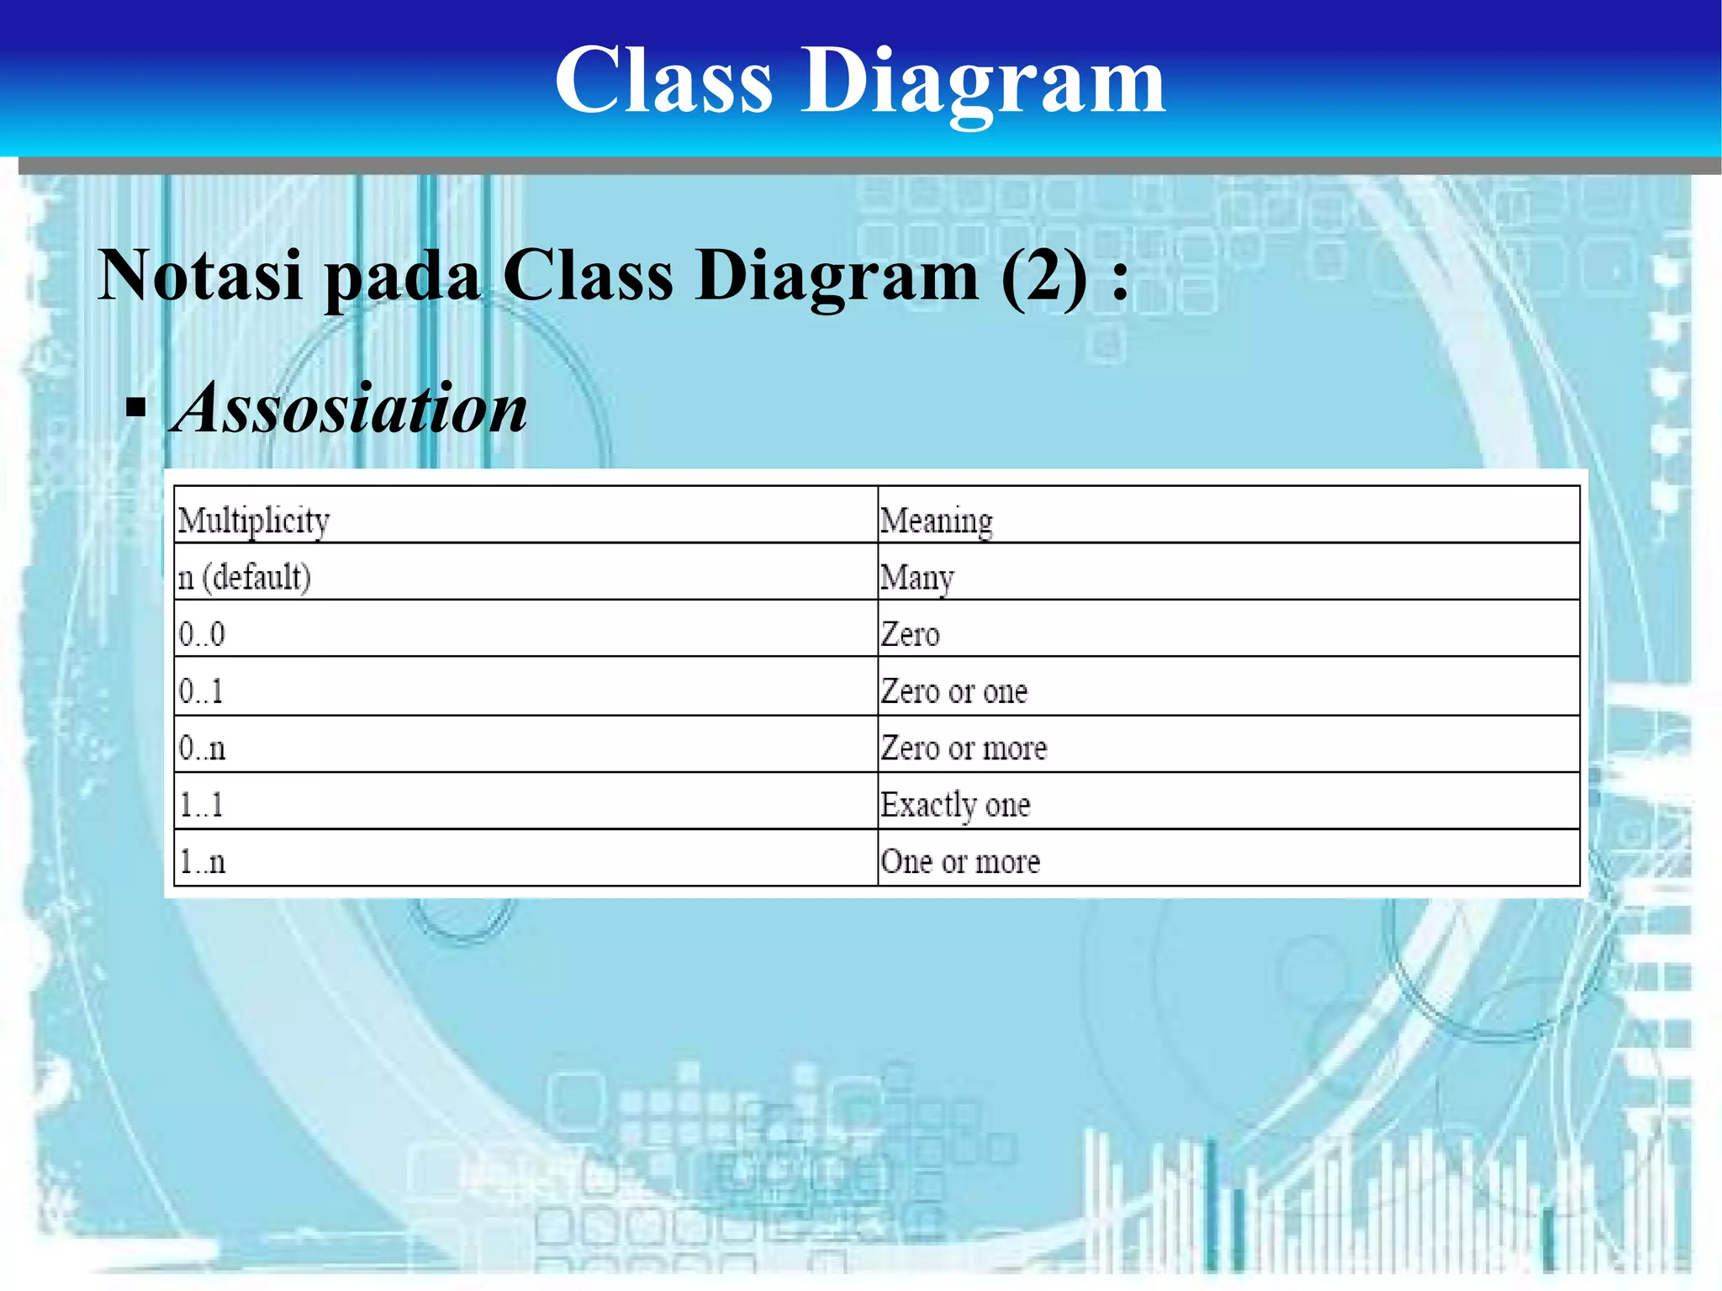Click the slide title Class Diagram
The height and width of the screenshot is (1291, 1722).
(x=859, y=81)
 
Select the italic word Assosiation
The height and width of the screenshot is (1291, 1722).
(x=350, y=409)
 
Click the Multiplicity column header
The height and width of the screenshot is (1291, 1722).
(x=254, y=521)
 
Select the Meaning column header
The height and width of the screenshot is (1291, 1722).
(x=936, y=521)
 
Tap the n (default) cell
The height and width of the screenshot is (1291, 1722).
(x=244, y=578)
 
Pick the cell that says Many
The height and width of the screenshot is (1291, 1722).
(x=916, y=578)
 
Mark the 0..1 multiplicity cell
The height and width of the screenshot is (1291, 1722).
(x=201, y=691)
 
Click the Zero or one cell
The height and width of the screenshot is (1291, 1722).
(x=953, y=691)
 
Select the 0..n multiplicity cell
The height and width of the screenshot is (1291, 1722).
(x=202, y=748)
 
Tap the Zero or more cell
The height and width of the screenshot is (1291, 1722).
(x=964, y=748)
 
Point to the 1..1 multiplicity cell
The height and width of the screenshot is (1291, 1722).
(x=201, y=805)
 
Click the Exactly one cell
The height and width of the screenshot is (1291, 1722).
(x=955, y=805)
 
